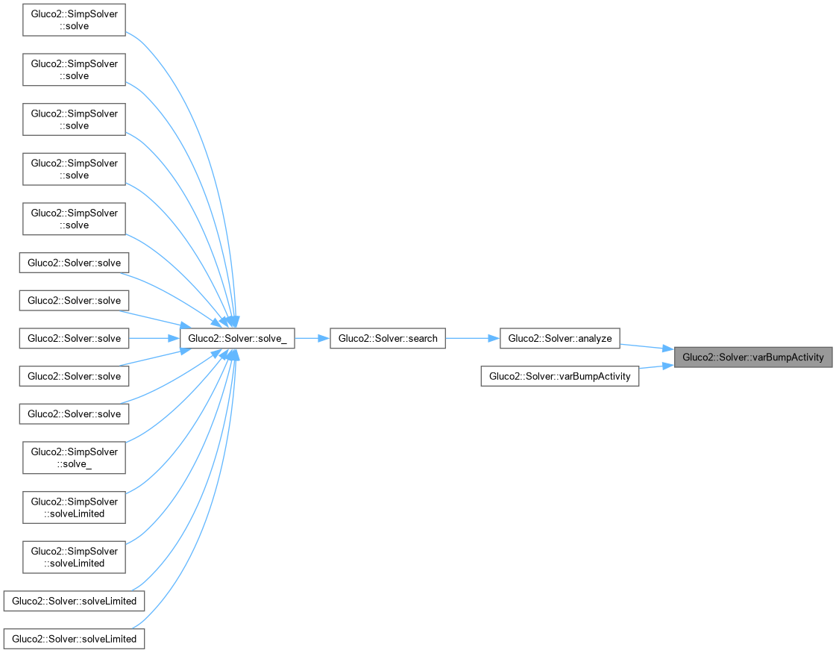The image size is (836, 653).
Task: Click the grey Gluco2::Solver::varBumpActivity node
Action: (752, 357)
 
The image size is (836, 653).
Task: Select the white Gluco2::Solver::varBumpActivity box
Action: (560, 376)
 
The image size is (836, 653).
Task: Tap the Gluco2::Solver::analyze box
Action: (560, 338)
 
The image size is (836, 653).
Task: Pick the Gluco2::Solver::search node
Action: (388, 338)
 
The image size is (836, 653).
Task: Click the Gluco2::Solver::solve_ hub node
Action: (237, 338)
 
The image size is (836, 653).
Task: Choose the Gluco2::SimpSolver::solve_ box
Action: (74, 457)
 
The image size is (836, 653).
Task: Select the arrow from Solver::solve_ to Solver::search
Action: (312, 338)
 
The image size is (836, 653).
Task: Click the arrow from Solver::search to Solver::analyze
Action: (472, 338)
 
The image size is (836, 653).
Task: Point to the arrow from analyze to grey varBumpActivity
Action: (647, 347)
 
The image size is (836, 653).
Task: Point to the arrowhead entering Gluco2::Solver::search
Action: (324, 338)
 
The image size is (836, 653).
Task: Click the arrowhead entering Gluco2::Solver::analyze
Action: (494, 338)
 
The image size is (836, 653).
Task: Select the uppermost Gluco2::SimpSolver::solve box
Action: (74, 20)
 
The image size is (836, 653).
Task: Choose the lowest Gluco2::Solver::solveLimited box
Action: (74, 639)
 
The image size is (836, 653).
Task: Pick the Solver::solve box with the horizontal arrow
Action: (74, 338)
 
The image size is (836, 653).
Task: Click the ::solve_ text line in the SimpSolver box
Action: (75, 463)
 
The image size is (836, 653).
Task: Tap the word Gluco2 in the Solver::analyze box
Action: (523, 338)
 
